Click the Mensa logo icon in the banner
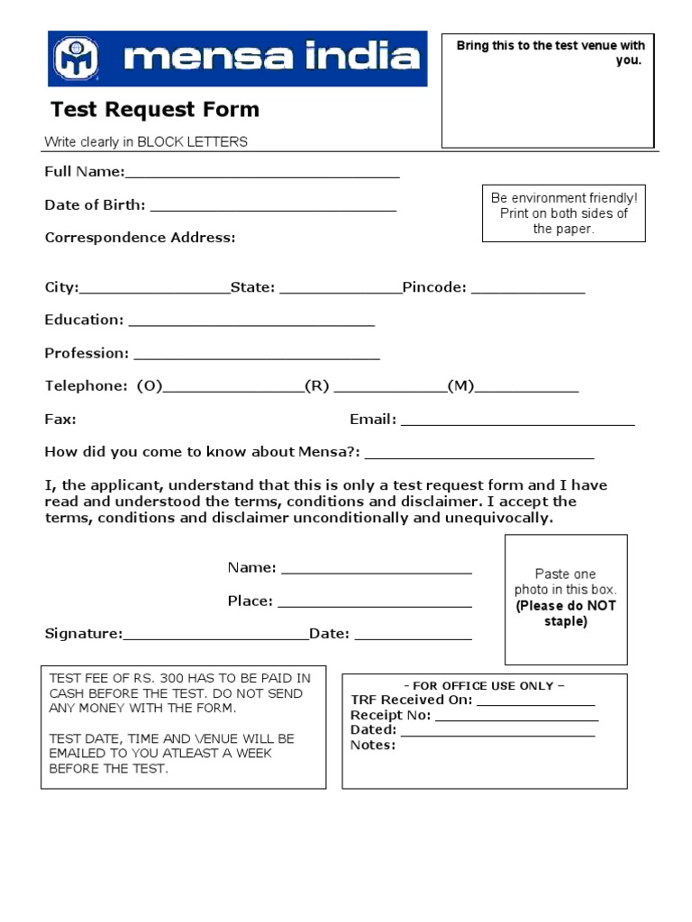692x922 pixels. click(x=78, y=59)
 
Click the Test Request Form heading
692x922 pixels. click(x=154, y=110)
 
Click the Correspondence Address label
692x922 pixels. click(x=140, y=238)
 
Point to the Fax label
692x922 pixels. click(x=60, y=420)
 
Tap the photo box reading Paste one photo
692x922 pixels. click(x=566, y=599)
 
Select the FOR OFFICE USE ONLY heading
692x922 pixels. click(x=485, y=685)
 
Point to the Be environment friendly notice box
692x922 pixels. click(x=564, y=213)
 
